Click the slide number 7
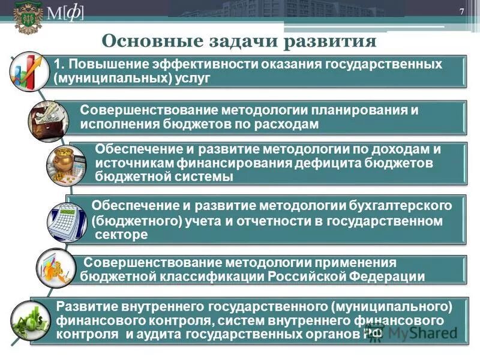coord(462,13)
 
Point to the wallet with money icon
coord(48,120)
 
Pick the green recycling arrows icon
coord(31,320)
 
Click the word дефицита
coord(329,163)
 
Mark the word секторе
coord(121,235)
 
